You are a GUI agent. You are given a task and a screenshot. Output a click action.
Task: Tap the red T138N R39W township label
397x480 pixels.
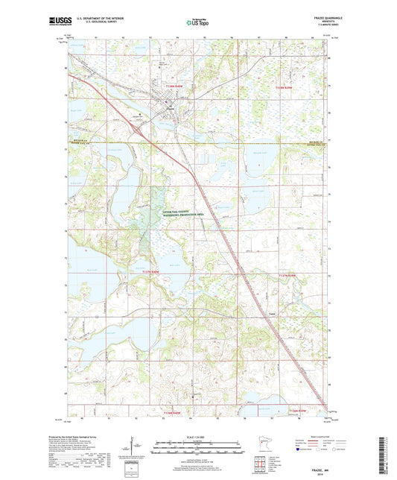286,87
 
